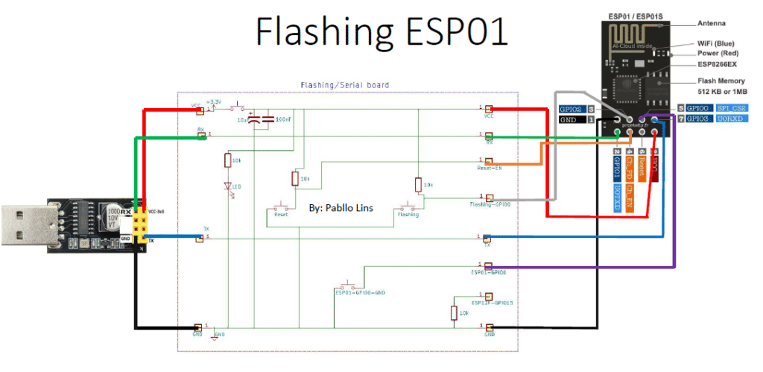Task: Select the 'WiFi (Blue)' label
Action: coord(717,45)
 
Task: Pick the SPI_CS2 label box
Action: coord(732,108)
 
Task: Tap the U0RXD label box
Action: coord(732,119)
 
